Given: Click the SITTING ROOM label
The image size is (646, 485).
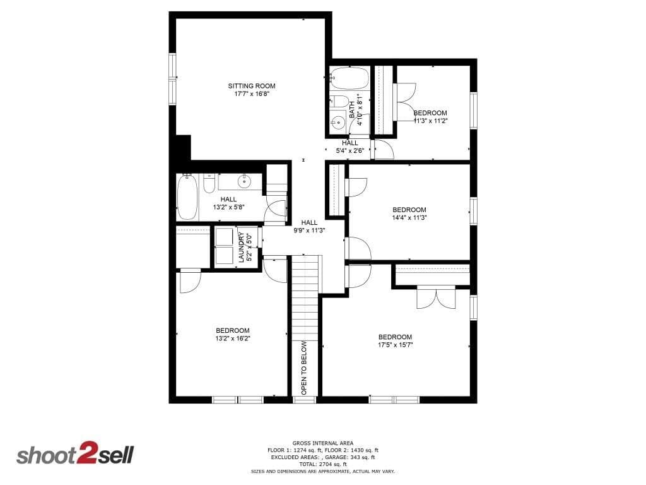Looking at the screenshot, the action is pyautogui.click(x=252, y=86).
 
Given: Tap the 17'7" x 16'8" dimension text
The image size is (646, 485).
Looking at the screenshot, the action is pyautogui.click(x=252, y=94).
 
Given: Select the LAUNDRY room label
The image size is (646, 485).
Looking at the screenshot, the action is pyautogui.click(x=242, y=248).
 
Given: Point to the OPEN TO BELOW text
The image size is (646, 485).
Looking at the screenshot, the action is pyautogui.click(x=304, y=368).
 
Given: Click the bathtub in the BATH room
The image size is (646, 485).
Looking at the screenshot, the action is pyautogui.click(x=349, y=78).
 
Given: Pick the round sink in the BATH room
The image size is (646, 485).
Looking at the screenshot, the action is pyautogui.click(x=338, y=122).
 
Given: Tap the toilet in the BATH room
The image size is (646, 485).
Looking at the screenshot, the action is pyautogui.click(x=339, y=101).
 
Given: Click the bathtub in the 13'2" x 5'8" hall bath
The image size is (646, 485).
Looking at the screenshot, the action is pyautogui.click(x=187, y=197).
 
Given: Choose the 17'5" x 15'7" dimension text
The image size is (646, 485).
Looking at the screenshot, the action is pyautogui.click(x=395, y=345).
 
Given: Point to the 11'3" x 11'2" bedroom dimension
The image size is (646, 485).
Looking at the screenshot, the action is pyautogui.click(x=430, y=121).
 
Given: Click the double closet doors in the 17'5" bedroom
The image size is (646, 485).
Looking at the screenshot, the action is pyautogui.click(x=436, y=297).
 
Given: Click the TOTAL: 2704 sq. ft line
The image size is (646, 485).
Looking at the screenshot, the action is pyautogui.click(x=323, y=464).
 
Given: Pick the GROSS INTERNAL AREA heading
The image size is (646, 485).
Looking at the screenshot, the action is pyautogui.click(x=323, y=443).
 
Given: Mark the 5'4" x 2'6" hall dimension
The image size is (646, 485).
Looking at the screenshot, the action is pyautogui.click(x=350, y=151).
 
